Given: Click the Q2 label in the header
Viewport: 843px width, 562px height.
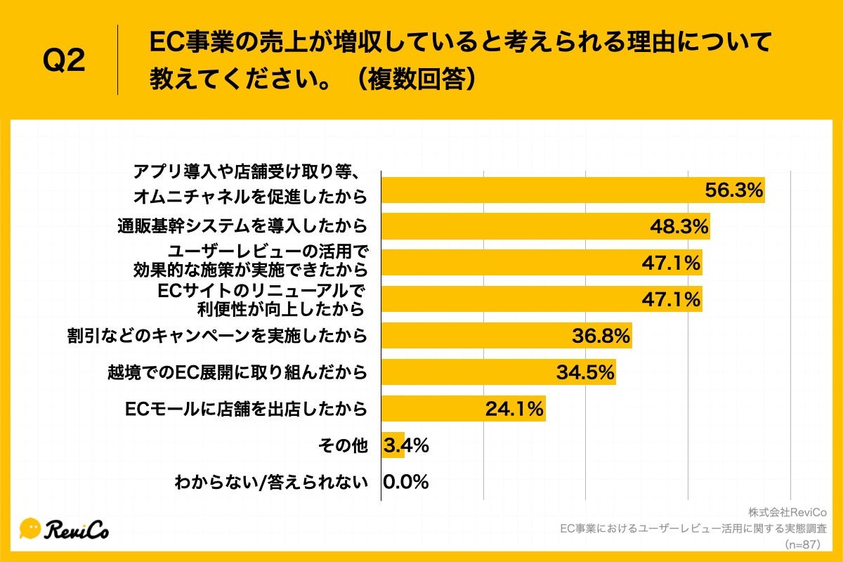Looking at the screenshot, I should coord(65,62).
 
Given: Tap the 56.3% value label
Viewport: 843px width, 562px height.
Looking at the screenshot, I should coord(734,190).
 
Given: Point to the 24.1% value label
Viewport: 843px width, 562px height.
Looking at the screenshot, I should coord(514,409).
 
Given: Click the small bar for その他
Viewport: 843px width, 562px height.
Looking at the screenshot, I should coord(392,445).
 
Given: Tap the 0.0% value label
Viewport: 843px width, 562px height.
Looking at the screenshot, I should coord(406,482).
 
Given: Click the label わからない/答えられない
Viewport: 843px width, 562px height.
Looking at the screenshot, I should coord(271,482).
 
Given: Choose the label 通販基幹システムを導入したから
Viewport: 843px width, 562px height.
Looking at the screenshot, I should coord(242,226).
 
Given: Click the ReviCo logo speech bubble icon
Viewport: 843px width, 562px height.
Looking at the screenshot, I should coord(31,528).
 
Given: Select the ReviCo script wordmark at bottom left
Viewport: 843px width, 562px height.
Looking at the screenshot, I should coord(78,529).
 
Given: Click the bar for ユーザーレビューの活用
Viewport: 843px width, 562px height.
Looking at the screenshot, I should coord(541,263).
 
